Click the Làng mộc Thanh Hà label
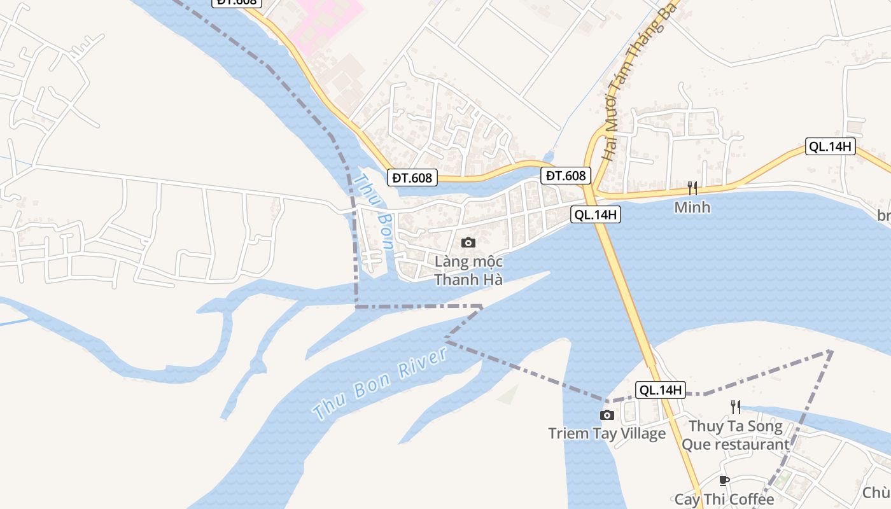click(x=469, y=270)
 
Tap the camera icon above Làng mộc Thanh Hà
click(x=468, y=242)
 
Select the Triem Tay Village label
click(x=607, y=434)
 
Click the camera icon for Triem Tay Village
click(x=607, y=415)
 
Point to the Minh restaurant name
click(x=692, y=207)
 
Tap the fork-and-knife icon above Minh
click(x=692, y=188)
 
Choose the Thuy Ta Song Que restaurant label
click(x=736, y=435)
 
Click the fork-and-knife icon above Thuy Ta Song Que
click(x=736, y=407)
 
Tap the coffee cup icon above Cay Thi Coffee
click(x=724, y=480)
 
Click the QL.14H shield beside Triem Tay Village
click(x=661, y=390)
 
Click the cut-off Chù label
click(x=876, y=492)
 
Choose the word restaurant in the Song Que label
click(x=754, y=444)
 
